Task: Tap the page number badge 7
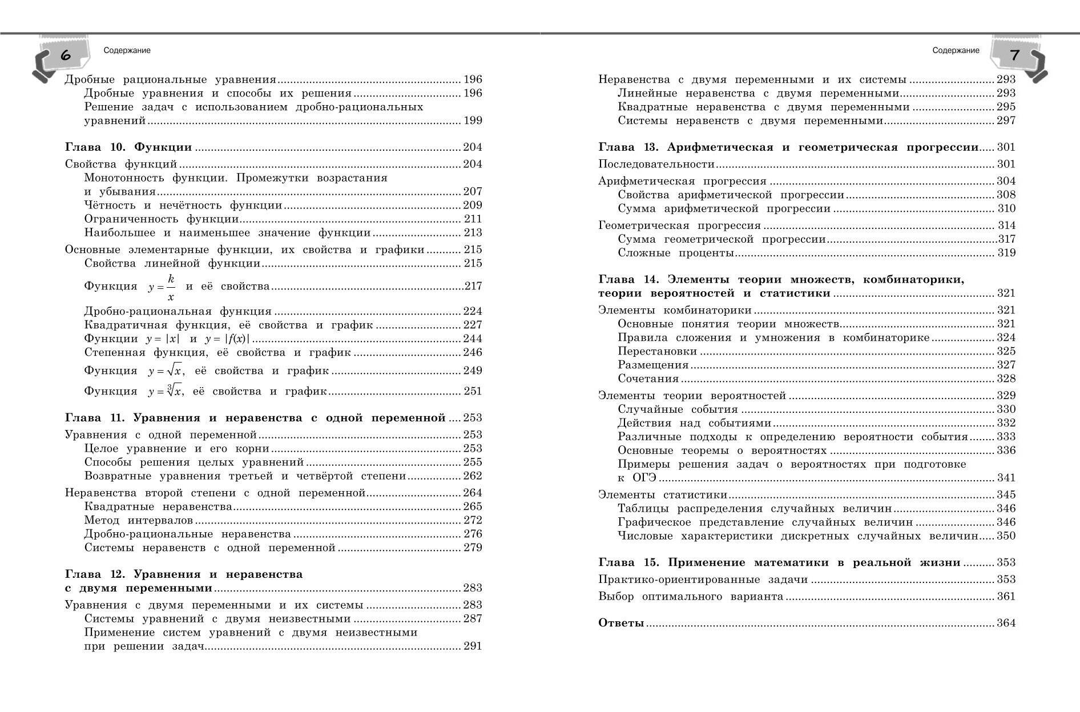pos(1014,55)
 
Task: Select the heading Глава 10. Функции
pos(128,147)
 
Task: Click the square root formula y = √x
pos(166,371)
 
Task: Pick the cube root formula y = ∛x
pos(166,391)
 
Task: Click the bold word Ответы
pos(621,623)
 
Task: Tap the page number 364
pos(1006,623)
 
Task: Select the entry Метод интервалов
pos(139,520)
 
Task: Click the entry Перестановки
pos(657,351)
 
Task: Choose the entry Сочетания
pos(648,379)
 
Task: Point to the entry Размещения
pos(653,365)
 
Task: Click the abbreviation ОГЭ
pos(644,478)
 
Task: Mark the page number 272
pos(473,520)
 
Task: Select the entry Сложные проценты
pos(675,253)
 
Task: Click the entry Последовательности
pos(656,164)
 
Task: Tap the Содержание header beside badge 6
pos(127,50)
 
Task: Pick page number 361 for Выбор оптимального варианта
pos(1006,597)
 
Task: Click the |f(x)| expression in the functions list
pos(239,339)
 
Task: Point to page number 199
pos(473,120)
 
